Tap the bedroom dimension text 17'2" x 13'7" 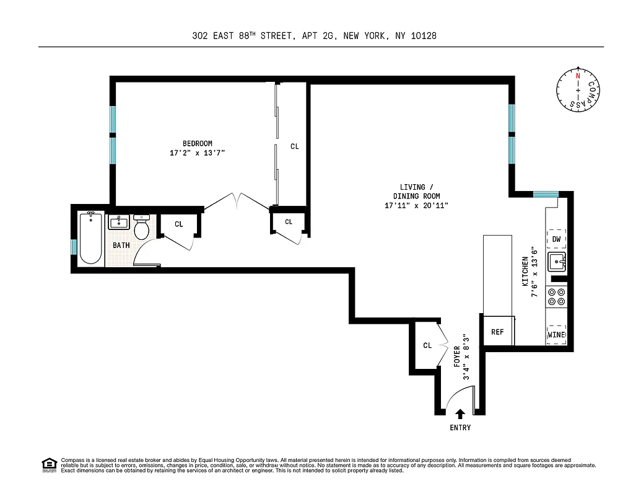click(x=197, y=153)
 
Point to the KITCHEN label click(x=525, y=271)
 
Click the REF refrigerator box click(x=497, y=332)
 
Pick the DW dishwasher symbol click(x=556, y=239)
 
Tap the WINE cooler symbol click(x=556, y=335)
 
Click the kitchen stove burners click(x=556, y=297)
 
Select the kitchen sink click(x=557, y=262)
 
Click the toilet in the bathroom click(x=142, y=228)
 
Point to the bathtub click(x=91, y=239)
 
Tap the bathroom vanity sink click(x=118, y=222)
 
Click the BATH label click(x=121, y=246)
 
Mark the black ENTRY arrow click(x=460, y=414)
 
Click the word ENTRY click(x=460, y=428)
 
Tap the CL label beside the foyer click(x=427, y=345)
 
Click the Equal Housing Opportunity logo click(x=49, y=464)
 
